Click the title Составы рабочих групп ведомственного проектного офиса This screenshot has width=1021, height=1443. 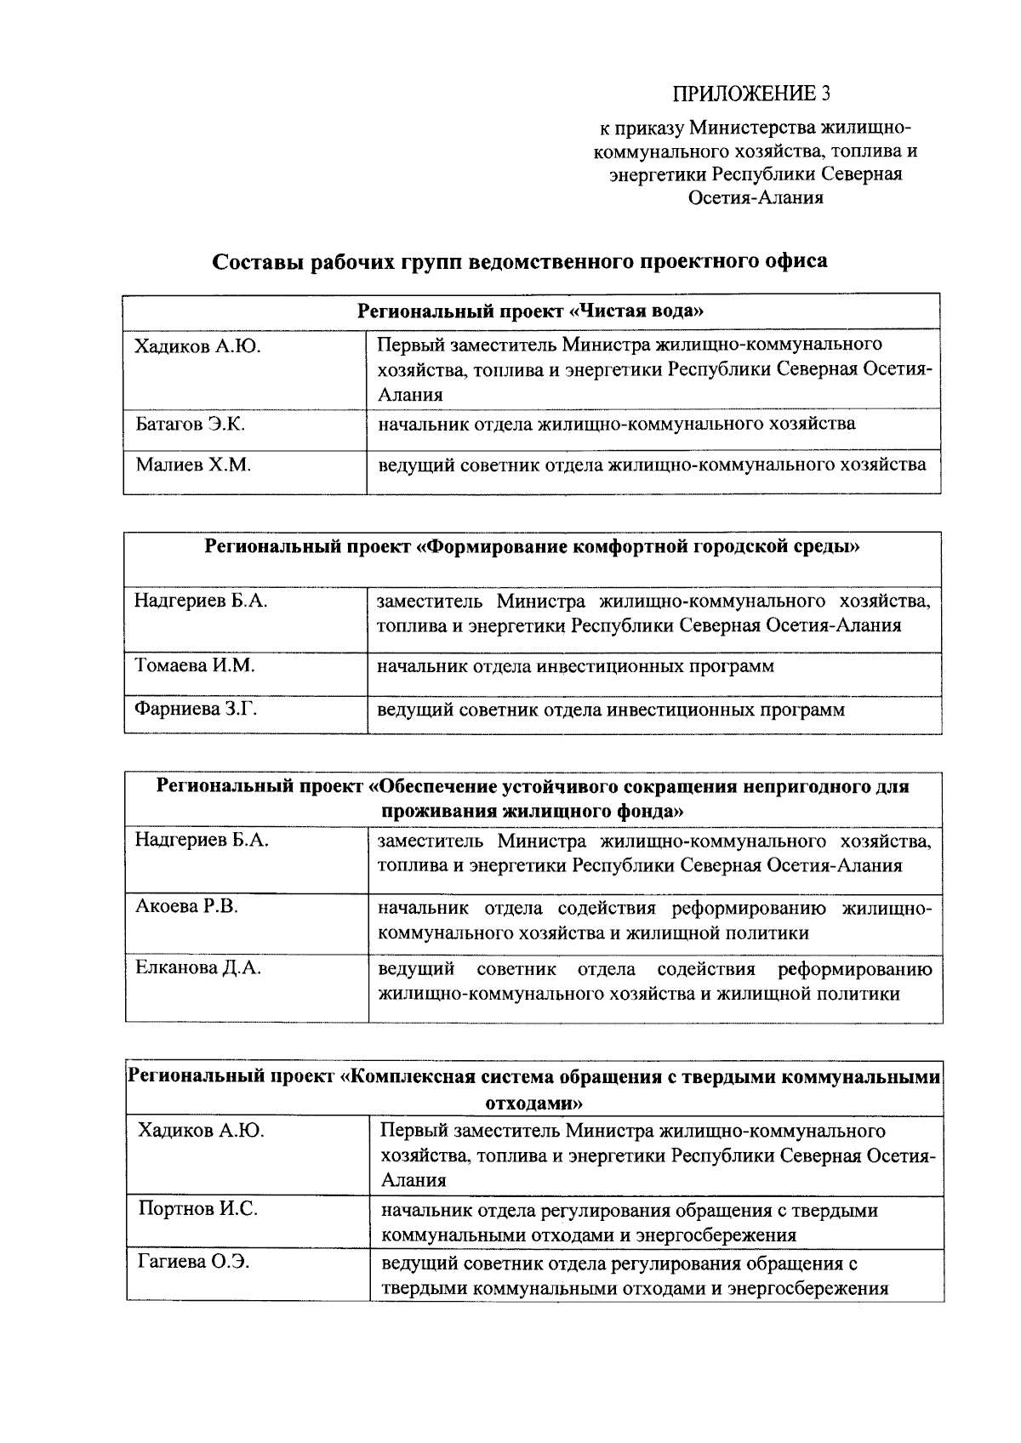click(519, 261)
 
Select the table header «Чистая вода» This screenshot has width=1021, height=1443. click(531, 311)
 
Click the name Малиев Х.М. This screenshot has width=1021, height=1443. click(193, 465)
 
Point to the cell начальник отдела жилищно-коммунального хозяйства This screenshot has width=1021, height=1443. click(617, 424)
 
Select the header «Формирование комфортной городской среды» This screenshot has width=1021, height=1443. click(533, 547)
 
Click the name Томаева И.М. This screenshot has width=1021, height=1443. click(195, 665)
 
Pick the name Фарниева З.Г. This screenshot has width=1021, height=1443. click(196, 709)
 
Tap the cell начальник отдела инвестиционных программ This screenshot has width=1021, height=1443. click(576, 665)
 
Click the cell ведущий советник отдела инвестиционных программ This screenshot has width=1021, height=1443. click(611, 710)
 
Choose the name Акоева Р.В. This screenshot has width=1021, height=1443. click(186, 906)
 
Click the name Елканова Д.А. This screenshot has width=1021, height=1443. click(198, 967)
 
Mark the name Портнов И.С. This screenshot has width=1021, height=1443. click(198, 1209)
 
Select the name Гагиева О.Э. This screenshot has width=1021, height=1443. click(194, 1263)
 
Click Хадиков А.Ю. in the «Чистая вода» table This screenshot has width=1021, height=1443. click(197, 346)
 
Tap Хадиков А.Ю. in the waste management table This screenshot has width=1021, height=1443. click(201, 1131)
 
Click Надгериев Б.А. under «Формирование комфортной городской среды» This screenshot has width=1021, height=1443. click(201, 601)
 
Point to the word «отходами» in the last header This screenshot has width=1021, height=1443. click(533, 1103)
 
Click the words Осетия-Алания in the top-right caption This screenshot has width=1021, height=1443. click(755, 197)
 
